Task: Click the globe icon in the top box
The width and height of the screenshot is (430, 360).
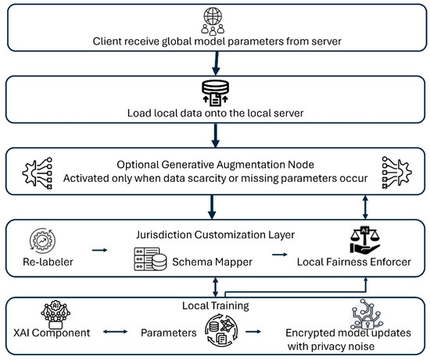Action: pyautogui.click(x=213, y=16)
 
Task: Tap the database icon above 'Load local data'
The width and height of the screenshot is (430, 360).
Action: pyautogui.click(x=215, y=93)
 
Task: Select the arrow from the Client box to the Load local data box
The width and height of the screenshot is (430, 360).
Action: pyautogui.click(x=216, y=63)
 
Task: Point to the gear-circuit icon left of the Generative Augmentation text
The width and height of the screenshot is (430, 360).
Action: pyautogui.click(x=38, y=173)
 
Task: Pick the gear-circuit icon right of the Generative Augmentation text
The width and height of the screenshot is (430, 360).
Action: pyautogui.click(x=396, y=173)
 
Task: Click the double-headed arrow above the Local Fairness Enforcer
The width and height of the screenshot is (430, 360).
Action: pyautogui.click(x=365, y=207)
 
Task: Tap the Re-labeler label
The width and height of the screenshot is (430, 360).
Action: pyautogui.click(x=48, y=262)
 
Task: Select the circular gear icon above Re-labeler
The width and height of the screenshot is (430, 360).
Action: pyautogui.click(x=42, y=241)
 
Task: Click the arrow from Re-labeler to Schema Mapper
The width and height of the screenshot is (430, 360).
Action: pyautogui.click(x=99, y=250)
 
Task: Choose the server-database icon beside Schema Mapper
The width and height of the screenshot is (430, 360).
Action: pyautogui.click(x=150, y=259)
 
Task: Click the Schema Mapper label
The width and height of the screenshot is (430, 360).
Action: pyautogui.click(x=212, y=262)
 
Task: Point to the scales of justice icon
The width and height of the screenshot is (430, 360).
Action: pyautogui.click(x=365, y=240)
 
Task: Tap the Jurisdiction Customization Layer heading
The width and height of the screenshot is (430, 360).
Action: pyautogui.click(x=216, y=235)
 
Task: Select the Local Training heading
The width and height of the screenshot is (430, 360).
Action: pyautogui.click(x=216, y=305)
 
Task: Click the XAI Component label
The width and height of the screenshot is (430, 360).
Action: pyautogui.click(x=52, y=333)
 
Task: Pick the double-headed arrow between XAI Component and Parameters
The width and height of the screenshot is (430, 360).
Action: pyautogui.click(x=115, y=332)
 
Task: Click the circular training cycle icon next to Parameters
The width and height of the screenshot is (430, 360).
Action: pyautogui.click(x=221, y=330)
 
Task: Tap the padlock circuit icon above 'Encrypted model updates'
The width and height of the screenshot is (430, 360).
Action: pyautogui.click(x=367, y=314)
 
